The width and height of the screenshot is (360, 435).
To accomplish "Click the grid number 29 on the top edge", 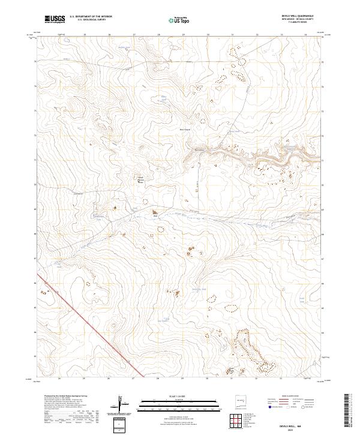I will [182, 35].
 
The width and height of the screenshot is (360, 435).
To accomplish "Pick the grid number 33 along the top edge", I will [281, 35].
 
